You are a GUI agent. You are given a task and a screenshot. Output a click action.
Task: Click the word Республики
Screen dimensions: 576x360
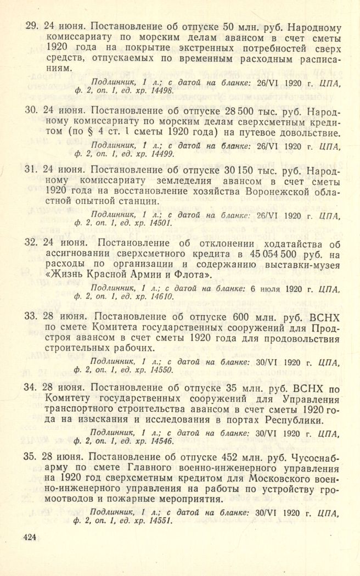coord(294,421)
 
